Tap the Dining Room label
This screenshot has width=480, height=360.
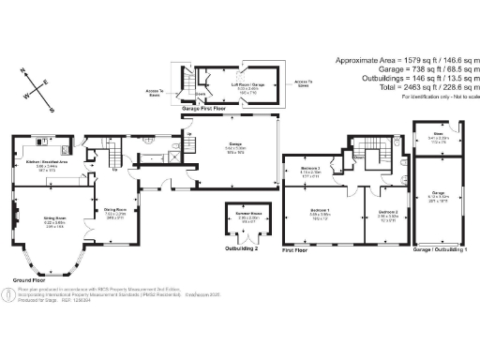click(113, 211)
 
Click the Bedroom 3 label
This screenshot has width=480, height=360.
click(311, 170)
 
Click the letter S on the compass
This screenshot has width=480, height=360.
click(49, 107)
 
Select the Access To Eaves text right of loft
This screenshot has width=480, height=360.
click(303, 82)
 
